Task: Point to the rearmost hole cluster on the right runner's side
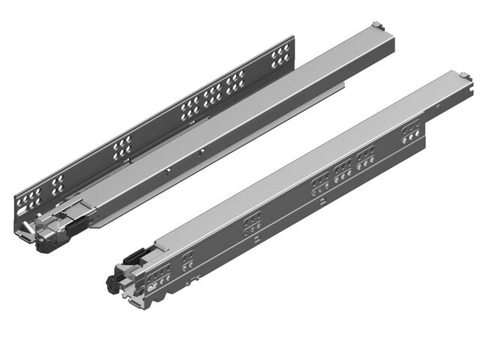pyautogui.click(x=410, y=134)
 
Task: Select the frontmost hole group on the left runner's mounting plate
pyautogui.click(x=30, y=198)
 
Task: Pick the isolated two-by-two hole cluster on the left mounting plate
pyautogui.click(x=120, y=149)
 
